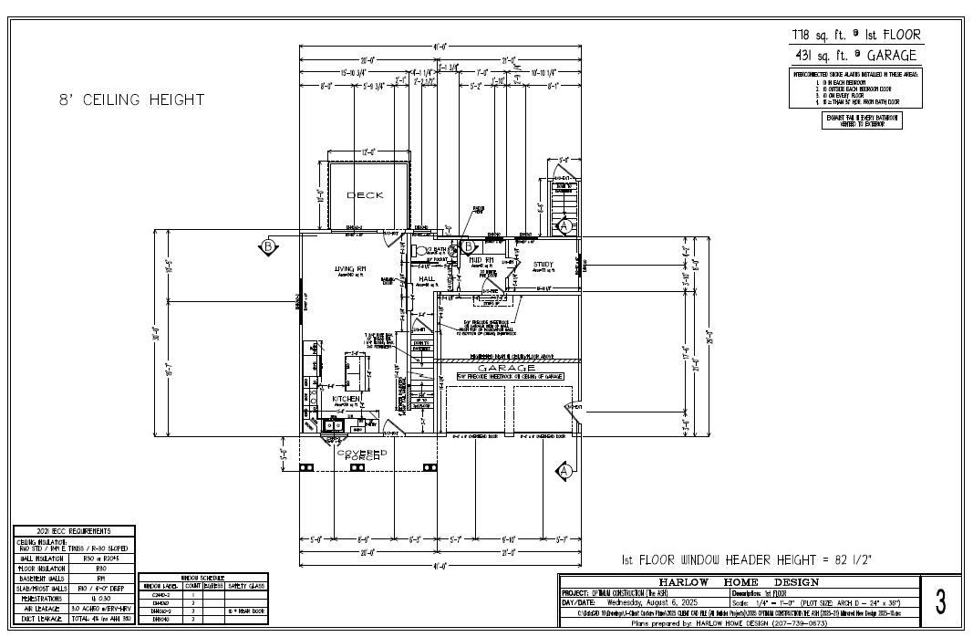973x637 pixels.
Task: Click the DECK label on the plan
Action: (x=365, y=195)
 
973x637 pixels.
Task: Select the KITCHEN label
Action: (x=346, y=400)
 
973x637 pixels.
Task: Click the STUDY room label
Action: (x=543, y=265)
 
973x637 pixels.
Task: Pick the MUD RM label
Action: (x=481, y=260)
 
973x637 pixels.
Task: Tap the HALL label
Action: (x=427, y=279)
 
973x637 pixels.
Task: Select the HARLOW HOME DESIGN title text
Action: (x=739, y=581)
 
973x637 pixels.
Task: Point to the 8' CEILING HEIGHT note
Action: (x=127, y=100)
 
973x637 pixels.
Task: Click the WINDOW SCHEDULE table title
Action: (x=202, y=578)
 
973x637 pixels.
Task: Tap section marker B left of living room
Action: (x=268, y=246)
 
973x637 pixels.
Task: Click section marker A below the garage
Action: (x=564, y=470)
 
